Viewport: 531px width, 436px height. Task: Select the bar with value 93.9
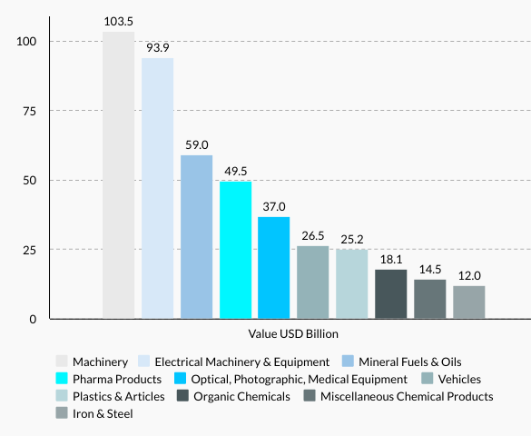click(157, 188)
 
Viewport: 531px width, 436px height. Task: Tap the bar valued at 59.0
click(196, 237)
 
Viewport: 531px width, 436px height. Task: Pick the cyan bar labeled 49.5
click(235, 250)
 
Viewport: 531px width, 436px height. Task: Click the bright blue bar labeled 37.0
click(274, 268)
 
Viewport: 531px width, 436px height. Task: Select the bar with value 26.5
click(313, 282)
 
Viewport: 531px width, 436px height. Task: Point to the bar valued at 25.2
click(352, 284)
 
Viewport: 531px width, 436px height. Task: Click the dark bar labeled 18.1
click(391, 294)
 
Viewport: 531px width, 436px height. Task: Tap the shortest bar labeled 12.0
click(469, 302)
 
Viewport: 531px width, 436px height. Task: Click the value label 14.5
click(430, 269)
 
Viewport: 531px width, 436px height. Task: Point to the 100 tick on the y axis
click(25, 42)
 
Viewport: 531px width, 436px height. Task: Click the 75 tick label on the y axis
click(29, 111)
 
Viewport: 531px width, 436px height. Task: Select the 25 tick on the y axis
click(29, 250)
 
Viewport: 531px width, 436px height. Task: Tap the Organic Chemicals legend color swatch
click(183, 396)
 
